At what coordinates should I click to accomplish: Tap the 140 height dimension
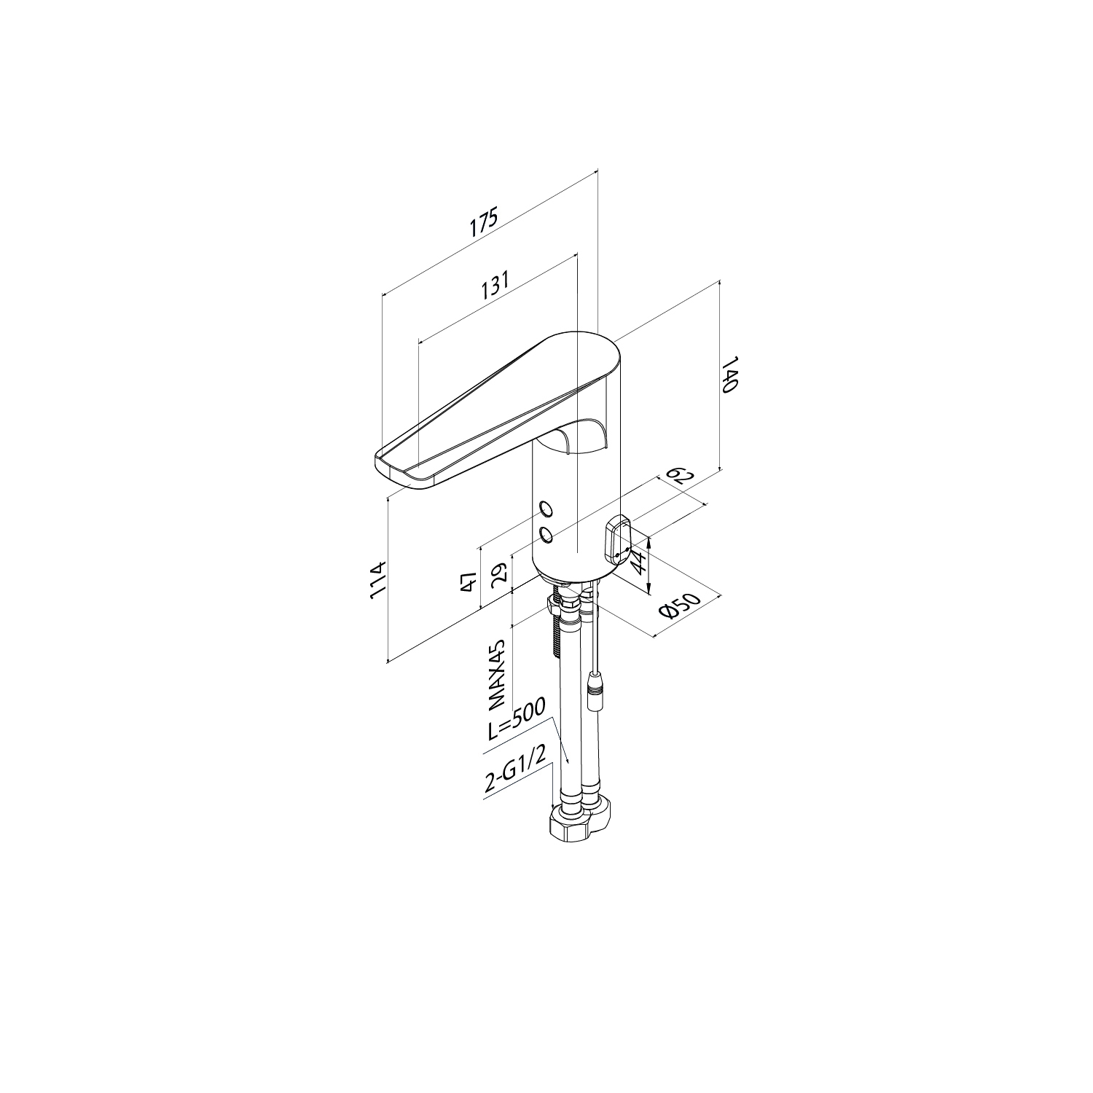(730, 375)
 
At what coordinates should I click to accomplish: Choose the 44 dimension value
(638, 563)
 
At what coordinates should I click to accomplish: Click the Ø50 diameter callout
(679, 604)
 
